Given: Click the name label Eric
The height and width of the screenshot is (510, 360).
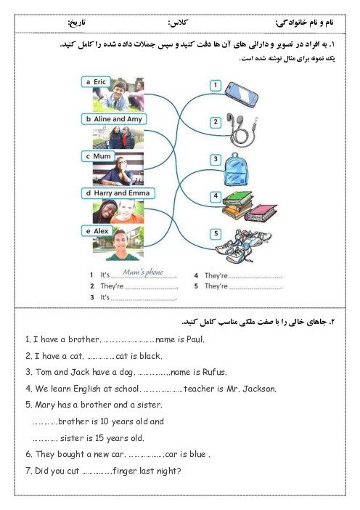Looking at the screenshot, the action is [x=96, y=82].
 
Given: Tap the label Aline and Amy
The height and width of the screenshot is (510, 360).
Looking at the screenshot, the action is [x=114, y=119].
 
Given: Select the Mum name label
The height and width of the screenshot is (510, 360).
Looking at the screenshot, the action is [x=98, y=156].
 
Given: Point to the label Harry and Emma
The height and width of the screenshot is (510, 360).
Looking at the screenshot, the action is [x=118, y=193].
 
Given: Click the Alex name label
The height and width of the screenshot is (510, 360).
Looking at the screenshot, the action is [x=97, y=231].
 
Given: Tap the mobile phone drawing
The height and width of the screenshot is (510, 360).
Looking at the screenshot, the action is [x=242, y=94].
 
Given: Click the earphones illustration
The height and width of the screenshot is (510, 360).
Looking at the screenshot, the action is [x=242, y=130].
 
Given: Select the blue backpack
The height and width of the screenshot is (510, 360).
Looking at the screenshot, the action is [x=236, y=170].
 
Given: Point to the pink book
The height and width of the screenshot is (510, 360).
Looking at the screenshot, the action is [x=261, y=213].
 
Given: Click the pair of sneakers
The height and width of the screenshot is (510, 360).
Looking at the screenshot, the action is [x=243, y=246].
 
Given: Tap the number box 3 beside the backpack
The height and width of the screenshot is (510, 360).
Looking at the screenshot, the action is [x=216, y=159].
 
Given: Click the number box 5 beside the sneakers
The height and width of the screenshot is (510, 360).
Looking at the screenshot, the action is [x=216, y=233].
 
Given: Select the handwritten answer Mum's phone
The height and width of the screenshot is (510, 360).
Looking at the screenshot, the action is [x=143, y=272].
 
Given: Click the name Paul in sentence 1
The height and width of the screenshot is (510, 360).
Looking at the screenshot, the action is [x=195, y=339].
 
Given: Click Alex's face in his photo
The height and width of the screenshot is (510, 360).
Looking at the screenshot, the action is [x=120, y=242].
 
